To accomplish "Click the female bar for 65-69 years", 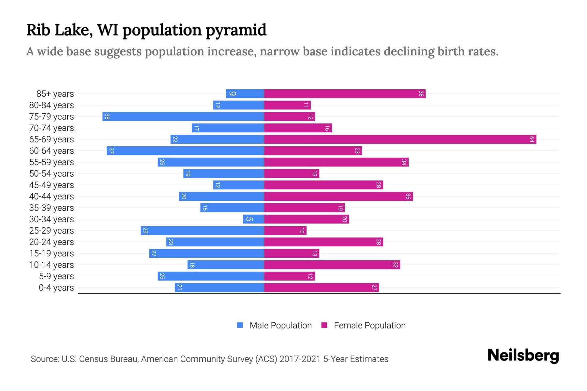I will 400,139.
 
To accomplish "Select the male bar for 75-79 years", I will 183,117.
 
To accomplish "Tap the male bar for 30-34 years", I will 253,219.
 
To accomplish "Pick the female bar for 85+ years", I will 345,94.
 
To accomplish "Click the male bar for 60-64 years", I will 185,151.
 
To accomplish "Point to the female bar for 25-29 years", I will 285,231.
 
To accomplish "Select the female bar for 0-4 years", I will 321,288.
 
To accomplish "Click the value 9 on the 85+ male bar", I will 232,94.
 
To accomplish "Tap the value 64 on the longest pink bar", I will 532,139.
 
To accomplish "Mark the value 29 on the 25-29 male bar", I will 145,231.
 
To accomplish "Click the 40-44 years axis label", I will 52,196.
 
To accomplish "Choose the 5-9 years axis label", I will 56,276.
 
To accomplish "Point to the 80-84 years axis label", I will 52,105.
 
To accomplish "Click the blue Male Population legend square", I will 240,325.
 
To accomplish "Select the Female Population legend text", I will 369,326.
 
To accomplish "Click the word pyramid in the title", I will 236,30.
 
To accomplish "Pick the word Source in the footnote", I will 44,359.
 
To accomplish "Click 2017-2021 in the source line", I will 300,359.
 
